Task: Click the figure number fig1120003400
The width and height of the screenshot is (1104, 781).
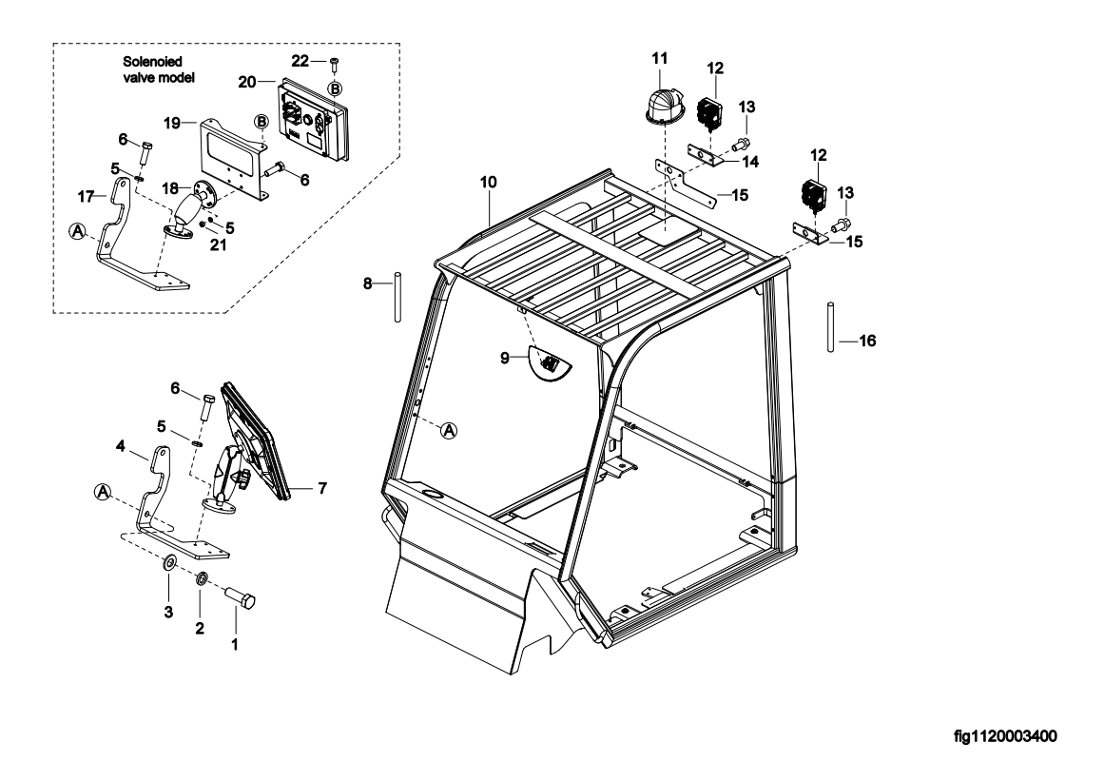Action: click(1005, 736)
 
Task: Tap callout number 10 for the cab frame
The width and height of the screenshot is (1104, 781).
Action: click(488, 183)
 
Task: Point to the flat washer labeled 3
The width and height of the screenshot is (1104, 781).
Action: click(169, 563)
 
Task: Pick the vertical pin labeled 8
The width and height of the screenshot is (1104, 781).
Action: click(397, 297)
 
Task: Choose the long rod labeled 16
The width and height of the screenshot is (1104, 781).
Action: click(831, 327)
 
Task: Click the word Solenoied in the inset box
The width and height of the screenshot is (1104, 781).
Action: click(152, 62)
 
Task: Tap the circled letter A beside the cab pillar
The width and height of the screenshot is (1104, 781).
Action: click(449, 430)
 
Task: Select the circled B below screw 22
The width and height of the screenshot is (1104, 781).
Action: click(335, 88)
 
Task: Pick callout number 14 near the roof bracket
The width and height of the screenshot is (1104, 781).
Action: click(750, 162)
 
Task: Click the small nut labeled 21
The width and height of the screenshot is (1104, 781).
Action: click(203, 224)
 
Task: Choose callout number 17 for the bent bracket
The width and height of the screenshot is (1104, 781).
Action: click(86, 197)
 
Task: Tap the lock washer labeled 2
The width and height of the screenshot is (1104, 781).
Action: click(200, 579)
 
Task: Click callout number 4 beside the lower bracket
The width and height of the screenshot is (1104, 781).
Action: click(121, 446)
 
